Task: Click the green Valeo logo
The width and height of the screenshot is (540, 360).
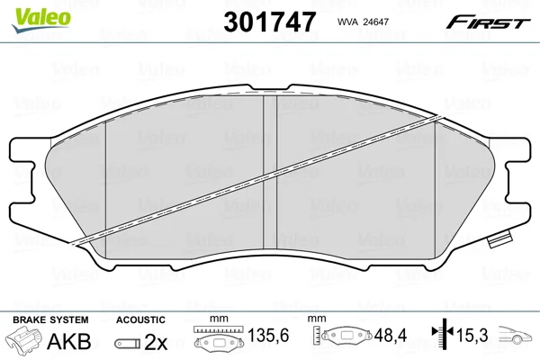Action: point(41,20)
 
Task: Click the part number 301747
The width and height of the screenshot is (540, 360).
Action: point(270,22)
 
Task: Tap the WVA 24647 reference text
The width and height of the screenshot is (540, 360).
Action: point(363,22)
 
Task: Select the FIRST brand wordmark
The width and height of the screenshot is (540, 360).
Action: point(488,22)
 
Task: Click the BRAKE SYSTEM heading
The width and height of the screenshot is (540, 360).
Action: point(50,319)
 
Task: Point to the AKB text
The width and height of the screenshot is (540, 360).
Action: point(69,341)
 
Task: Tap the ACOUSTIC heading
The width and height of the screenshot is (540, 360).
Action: point(140,319)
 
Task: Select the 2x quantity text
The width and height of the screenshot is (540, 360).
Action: point(156,342)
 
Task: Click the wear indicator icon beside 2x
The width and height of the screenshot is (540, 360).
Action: point(128,343)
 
